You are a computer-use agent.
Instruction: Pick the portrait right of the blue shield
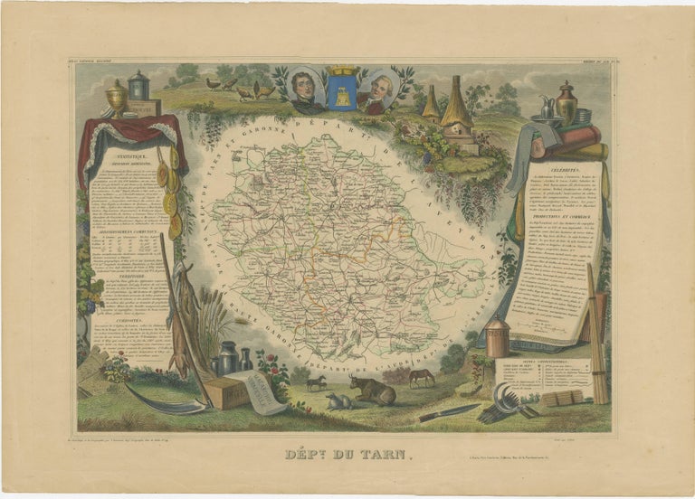point(378,91)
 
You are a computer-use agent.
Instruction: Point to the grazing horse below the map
point(421,376)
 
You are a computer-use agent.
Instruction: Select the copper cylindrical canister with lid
point(495,340)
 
